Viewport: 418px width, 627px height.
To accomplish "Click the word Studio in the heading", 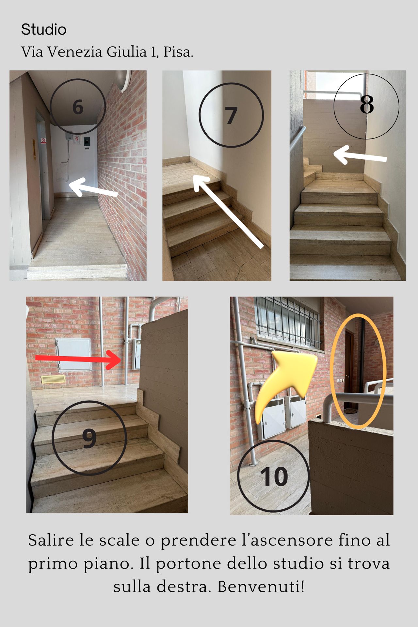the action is point(44,30).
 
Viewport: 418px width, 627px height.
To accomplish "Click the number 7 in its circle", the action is point(231,115).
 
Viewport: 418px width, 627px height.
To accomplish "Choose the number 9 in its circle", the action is point(89,438).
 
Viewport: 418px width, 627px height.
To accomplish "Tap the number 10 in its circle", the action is point(274,476).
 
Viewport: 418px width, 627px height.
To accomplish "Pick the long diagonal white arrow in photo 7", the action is point(228,212).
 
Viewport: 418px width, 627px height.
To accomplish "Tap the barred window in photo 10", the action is point(287,322).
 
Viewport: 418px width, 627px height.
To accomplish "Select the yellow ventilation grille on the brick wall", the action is point(53,379).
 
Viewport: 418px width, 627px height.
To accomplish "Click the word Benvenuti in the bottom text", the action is point(261,587).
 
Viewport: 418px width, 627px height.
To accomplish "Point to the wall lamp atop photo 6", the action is point(124,80).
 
